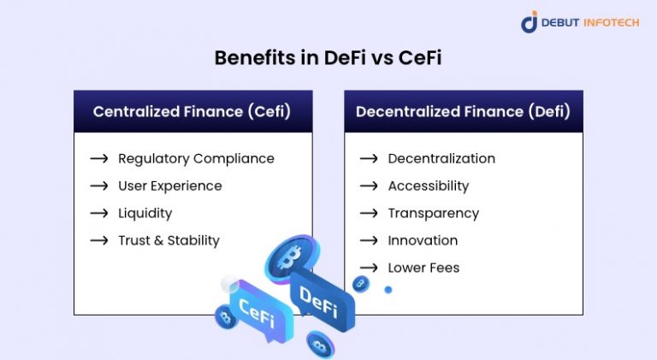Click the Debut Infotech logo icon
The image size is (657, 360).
pos(530,22)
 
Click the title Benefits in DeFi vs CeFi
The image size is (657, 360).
pos(328,57)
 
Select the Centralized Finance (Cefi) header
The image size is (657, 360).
pos(192,111)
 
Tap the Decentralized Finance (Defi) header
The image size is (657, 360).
pos(463,111)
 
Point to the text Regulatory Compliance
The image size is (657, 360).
pos(196,158)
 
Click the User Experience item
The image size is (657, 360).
pos(169,186)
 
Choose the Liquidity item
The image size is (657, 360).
pos(145,213)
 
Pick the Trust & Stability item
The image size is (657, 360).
pos(169,240)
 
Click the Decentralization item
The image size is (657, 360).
pos(441,158)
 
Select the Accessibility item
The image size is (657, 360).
pos(428,186)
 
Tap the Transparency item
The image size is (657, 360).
pos(433,213)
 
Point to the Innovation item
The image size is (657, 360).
pos(423,240)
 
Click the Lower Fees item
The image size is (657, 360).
pos(423,268)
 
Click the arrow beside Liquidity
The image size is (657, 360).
pos(99,213)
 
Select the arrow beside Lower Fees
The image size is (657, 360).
pos(369,268)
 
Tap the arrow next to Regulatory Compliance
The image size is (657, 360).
pos(99,158)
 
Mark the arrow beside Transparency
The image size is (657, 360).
pos(369,213)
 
